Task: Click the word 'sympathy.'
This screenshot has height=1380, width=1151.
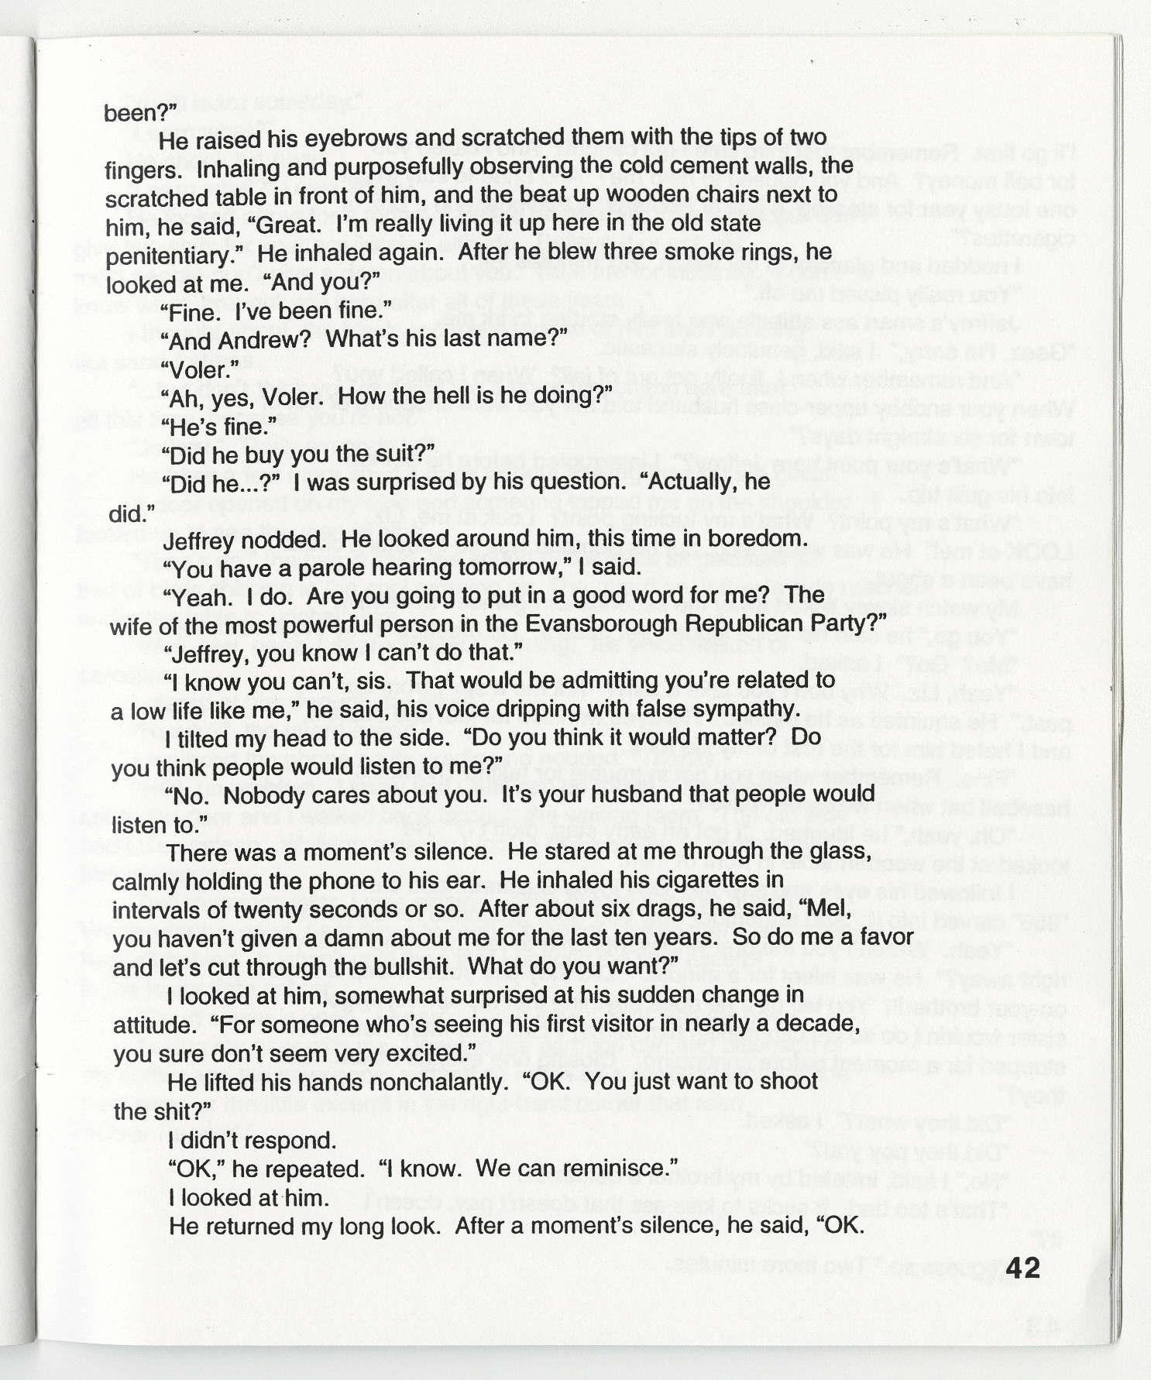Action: click(736, 709)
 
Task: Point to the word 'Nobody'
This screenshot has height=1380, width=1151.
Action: click(258, 795)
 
